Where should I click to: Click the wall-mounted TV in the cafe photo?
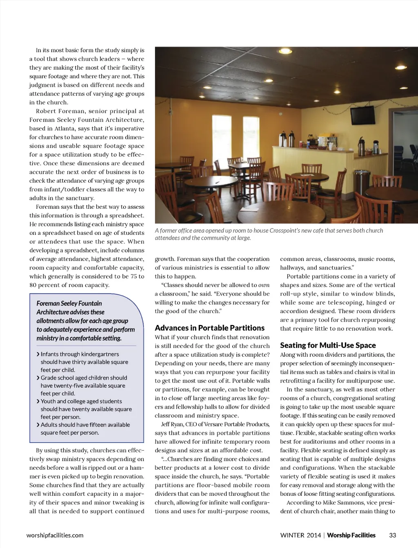(362, 115)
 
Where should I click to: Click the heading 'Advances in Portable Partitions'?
(209, 328)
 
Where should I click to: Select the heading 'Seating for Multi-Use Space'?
(328, 345)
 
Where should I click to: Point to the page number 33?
(392, 535)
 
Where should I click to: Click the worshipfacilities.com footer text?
(55, 535)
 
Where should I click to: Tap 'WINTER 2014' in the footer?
(300, 535)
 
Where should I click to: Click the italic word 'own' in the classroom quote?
(264, 285)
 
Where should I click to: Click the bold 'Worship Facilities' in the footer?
(351, 535)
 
